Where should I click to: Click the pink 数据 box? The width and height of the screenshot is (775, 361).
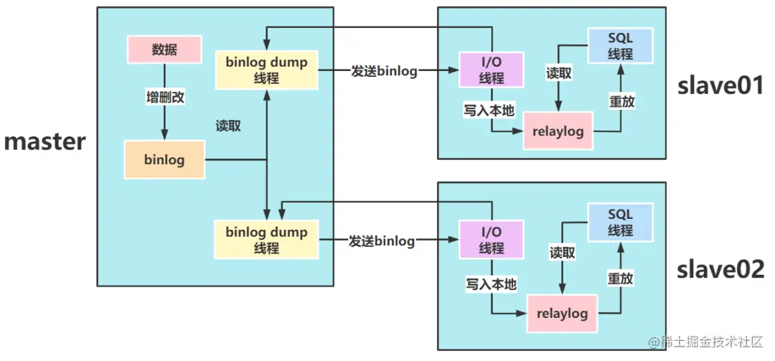pos(164,49)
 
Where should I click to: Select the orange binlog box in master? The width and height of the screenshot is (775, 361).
pos(164,159)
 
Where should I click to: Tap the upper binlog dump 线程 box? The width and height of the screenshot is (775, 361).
pos(266,70)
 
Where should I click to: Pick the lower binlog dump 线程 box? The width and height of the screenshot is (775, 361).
pos(266,240)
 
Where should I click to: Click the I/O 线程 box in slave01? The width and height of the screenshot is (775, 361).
pos(492,70)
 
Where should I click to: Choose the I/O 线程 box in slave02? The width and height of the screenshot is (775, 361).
pos(492,240)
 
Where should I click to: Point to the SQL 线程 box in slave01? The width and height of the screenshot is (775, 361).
pos(620,44)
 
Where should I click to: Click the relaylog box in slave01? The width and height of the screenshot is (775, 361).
pos(558,131)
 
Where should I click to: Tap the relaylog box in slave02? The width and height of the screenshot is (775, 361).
pos(563,314)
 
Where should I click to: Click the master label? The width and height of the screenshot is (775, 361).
pos(45,141)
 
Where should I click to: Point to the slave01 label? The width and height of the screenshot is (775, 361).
pos(720,86)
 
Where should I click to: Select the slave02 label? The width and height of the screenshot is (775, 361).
pos(720,268)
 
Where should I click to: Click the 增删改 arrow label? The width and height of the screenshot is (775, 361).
pos(165,98)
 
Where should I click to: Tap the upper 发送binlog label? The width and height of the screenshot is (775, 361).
pos(384,71)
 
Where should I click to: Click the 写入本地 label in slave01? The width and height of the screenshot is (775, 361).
pos(489,110)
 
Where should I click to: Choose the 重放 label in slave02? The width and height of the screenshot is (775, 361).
pos(620,278)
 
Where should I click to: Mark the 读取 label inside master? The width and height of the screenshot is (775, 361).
pos(228,126)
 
